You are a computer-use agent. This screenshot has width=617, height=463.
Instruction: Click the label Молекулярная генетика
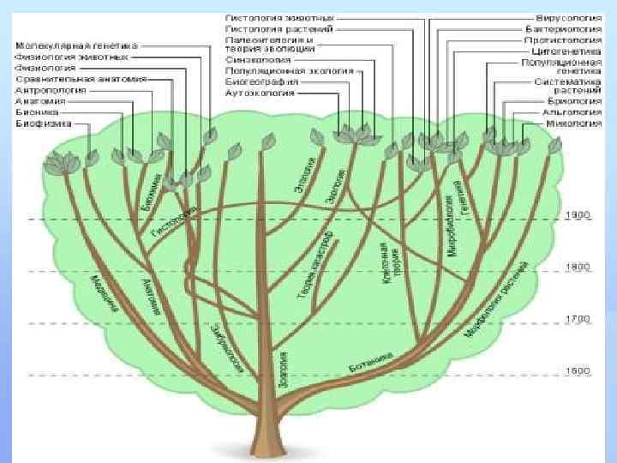76,45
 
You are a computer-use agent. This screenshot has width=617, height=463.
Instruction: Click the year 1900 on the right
578,214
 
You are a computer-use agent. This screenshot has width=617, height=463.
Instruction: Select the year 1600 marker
578,370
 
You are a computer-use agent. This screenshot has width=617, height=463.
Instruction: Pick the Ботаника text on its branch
371,364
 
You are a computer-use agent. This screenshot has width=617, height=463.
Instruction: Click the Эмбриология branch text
227,344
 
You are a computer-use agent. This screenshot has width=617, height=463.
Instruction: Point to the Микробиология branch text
448,226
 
